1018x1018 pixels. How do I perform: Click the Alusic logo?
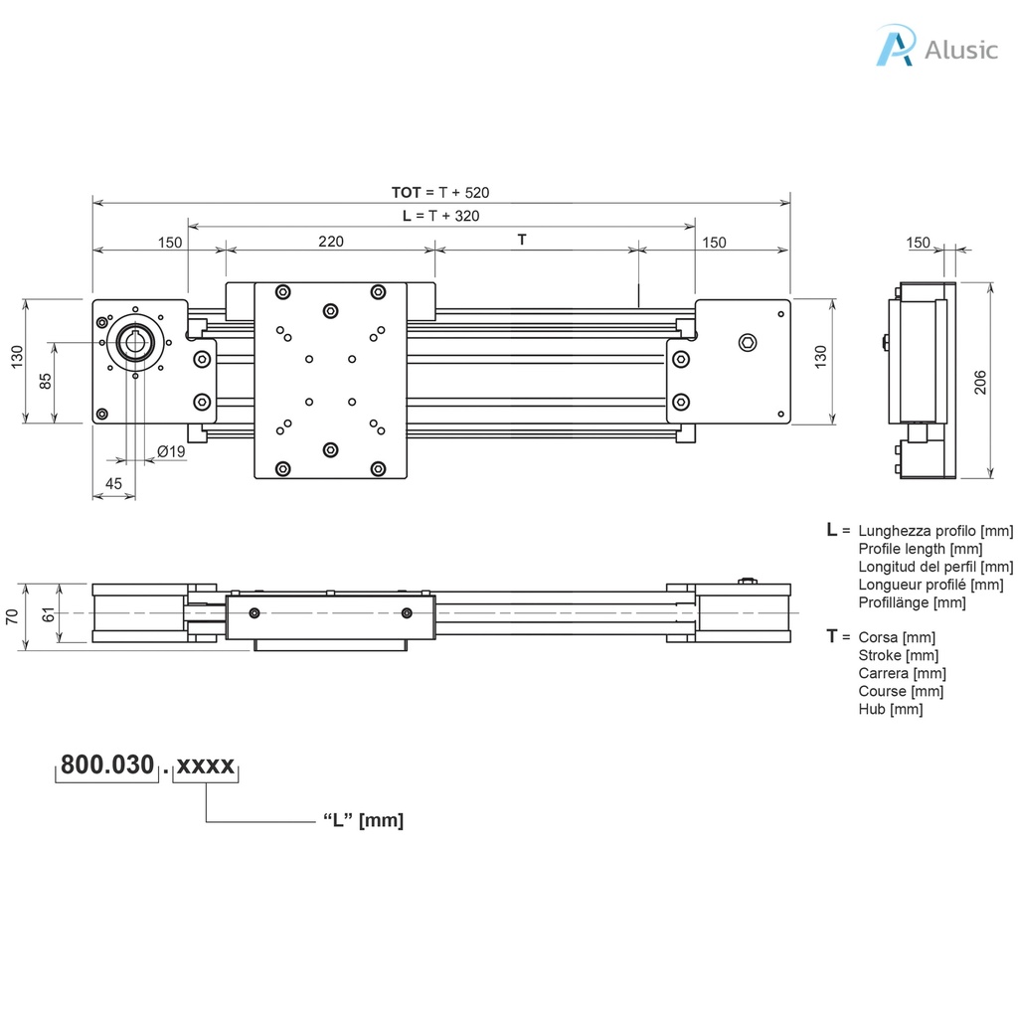point(935,48)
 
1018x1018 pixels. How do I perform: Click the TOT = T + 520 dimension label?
point(440,192)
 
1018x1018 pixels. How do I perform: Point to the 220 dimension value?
point(331,241)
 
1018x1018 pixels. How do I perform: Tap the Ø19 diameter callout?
point(171,452)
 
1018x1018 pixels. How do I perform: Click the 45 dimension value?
point(114,483)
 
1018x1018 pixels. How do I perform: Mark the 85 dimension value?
point(45,381)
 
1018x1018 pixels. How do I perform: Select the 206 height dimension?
point(980,382)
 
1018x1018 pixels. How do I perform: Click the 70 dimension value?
point(12,615)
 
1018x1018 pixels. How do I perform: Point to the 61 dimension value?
point(48,615)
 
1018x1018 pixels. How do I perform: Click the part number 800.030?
point(107,765)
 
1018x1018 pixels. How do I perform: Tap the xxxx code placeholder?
point(206,765)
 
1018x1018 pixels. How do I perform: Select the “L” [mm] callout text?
point(363,820)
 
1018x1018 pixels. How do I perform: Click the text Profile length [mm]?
point(921,549)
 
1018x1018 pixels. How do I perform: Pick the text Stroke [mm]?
point(898,655)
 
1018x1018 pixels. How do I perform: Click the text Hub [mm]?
point(890,709)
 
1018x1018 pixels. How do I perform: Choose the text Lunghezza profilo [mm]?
point(935,531)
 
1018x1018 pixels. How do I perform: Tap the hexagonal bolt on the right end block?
point(748,344)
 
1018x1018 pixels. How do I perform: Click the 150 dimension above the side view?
point(919,243)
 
